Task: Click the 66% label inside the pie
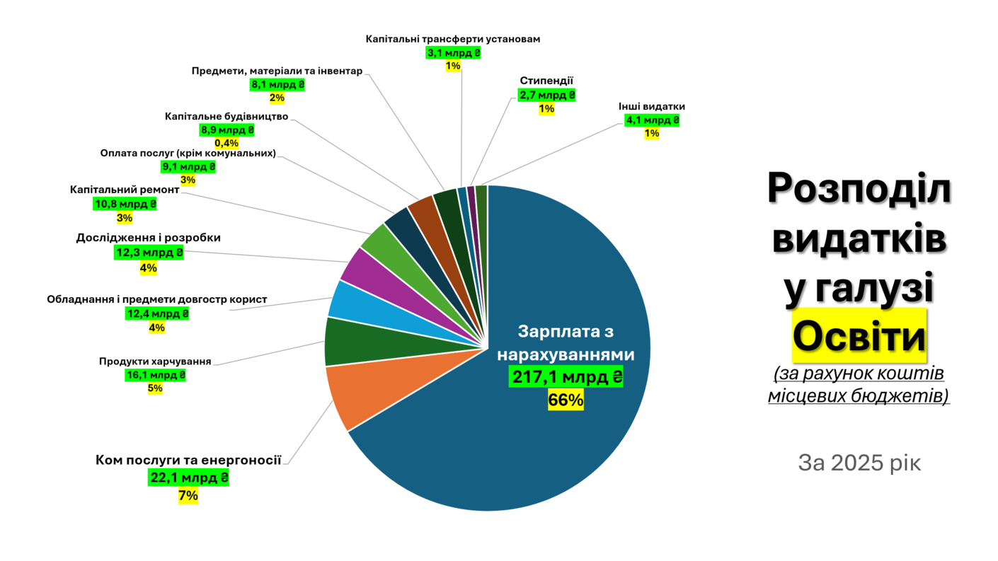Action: click(x=566, y=400)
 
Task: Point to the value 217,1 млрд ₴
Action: click(x=566, y=377)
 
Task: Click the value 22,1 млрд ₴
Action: click(x=188, y=478)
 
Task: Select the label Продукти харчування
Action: click(x=155, y=362)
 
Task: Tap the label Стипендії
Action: click(x=546, y=81)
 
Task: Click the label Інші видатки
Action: click(x=651, y=107)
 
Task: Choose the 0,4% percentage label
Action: click(x=226, y=144)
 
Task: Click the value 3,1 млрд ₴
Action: click(x=453, y=52)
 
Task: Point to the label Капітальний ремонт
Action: click(x=125, y=190)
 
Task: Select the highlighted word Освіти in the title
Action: click(x=859, y=337)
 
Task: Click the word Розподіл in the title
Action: click(x=859, y=190)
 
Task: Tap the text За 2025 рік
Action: click(x=859, y=463)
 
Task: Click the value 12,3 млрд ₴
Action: click(x=149, y=253)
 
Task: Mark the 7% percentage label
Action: click(x=188, y=495)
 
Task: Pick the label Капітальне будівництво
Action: click(x=226, y=116)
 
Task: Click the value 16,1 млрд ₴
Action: click(x=156, y=375)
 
